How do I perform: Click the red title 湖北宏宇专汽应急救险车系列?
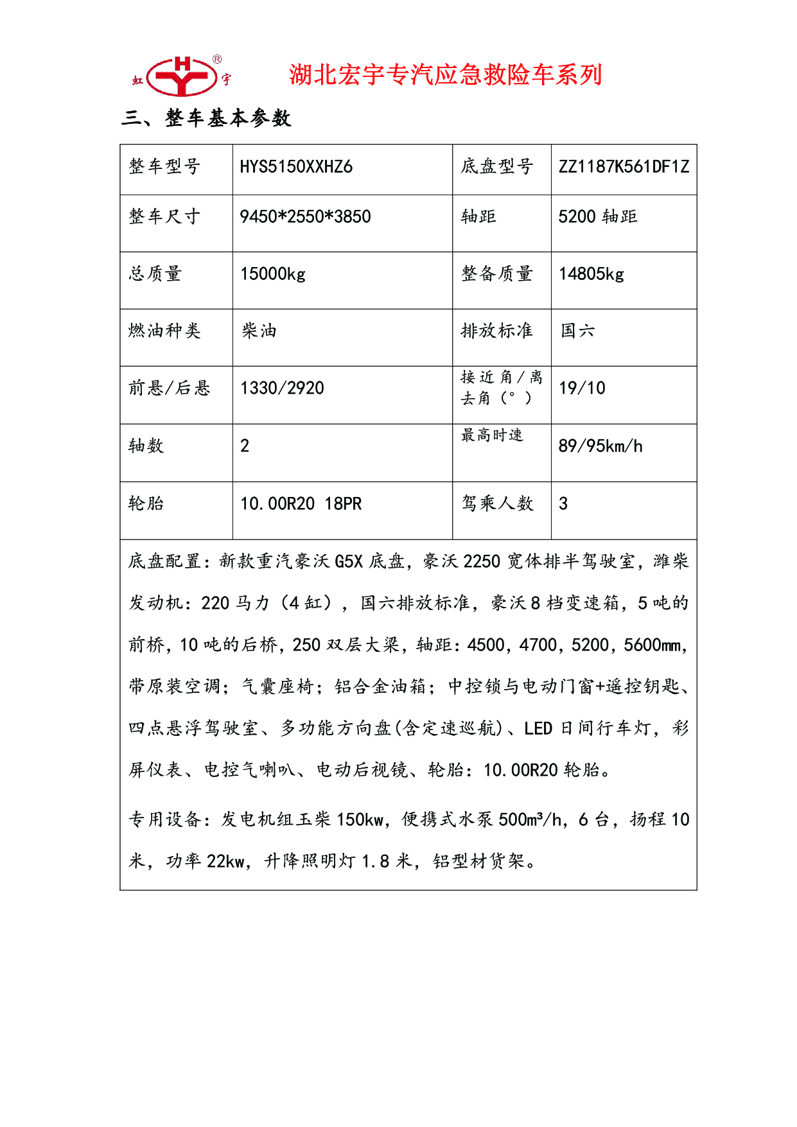pyautogui.click(x=445, y=74)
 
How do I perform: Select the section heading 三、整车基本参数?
pyautogui.click(x=206, y=118)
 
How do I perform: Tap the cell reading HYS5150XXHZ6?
pyautogui.click(x=295, y=167)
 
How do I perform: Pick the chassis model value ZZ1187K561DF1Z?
pyautogui.click(x=623, y=167)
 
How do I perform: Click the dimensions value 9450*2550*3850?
pyautogui.click(x=305, y=216)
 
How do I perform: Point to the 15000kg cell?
pyautogui.click(x=272, y=274)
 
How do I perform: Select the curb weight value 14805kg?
pyautogui.click(x=591, y=274)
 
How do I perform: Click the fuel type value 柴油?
pyautogui.click(x=259, y=331)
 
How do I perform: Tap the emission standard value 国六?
pyautogui.click(x=577, y=331)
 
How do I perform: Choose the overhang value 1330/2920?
pyautogui.click(x=282, y=388)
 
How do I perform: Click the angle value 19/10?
pyautogui.click(x=581, y=388)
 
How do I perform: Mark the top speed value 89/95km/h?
pyautogui.click(x=600, y=446)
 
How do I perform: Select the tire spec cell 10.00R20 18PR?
pyautogui.click(x=301, y=503)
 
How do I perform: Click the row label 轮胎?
pyautogui.click(x=146, y=503)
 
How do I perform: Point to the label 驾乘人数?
pyautogui.click(x=497, y=503)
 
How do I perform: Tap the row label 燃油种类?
pyautogui.click(x=164, y=331)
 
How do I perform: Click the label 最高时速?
pyautogui.click(x=492, y=435)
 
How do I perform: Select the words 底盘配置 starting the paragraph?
pyautogui.click(x=164, y=561)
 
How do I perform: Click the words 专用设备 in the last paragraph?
pyautogui.click(x=164, y=819)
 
